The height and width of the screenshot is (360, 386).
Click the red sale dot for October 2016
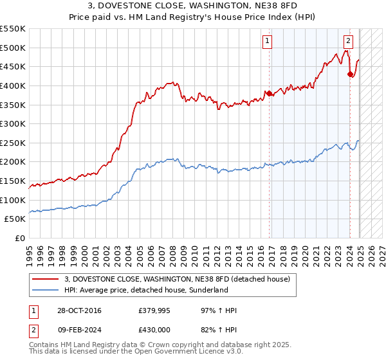coord(269,93)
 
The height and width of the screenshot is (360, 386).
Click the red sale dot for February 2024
coord(350,74)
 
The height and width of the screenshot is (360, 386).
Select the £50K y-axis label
coord(15,219)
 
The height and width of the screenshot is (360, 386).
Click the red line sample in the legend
coord(46,278)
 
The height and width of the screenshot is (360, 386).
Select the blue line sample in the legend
coord(46,290)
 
